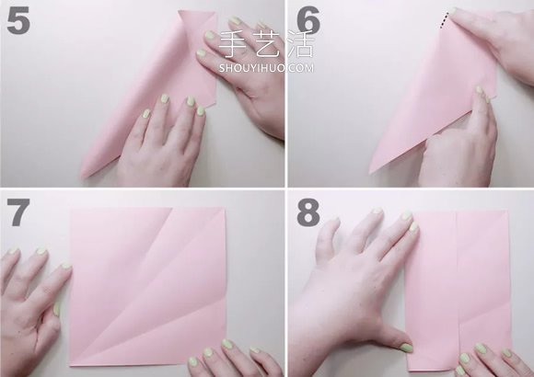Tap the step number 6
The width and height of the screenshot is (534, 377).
coord(308,19)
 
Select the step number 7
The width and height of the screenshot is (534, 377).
coord(17,212)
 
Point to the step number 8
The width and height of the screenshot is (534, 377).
coord(308,212)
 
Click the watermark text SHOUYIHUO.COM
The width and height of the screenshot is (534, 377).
coord(266,68)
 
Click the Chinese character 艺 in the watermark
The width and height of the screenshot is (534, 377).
coord(266,44)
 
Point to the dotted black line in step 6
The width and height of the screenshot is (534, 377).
coord(444,20)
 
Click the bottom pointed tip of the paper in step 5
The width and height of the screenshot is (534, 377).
coord(83,177)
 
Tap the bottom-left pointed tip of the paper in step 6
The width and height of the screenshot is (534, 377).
coord(370,173)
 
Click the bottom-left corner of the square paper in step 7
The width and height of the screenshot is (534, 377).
coord(70,365)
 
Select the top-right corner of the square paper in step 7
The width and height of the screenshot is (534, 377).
coord(225,207)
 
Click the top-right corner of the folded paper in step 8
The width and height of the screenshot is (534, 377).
coord(508,211)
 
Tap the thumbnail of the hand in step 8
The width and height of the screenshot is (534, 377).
coord(406,348)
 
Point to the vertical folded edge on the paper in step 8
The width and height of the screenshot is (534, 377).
coord(457,290)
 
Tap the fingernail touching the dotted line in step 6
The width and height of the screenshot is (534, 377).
coord(453,11)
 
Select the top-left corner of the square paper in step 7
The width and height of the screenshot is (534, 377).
coord(71,210)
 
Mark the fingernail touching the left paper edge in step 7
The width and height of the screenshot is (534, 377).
coord(66,266)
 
